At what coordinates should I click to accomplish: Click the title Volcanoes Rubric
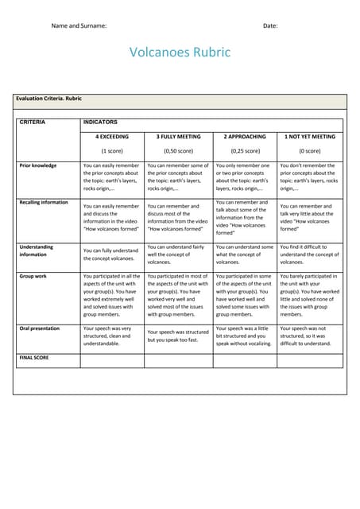(180, 52)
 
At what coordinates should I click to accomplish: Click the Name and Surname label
(79, 25)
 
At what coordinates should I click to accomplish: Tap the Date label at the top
(270, 25)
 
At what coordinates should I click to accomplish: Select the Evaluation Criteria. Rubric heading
(48, 99)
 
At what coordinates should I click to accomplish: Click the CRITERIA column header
(33, 122)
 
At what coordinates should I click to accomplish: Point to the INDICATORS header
(100, 122)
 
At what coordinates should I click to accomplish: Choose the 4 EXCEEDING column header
(111, 137)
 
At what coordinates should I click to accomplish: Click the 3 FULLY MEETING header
(178, 137)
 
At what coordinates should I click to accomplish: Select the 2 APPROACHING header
(245, 137)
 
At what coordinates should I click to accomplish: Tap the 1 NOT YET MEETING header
(310, 137)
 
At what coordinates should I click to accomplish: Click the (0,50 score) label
(178, 150)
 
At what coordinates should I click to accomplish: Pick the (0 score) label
(310, 150)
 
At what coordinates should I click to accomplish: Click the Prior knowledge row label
(37, 165)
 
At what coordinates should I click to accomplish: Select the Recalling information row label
(44, 202)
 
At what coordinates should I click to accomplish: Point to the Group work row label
(33, 276)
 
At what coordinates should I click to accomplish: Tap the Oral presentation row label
(40, 328)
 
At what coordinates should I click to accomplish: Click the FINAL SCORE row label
(33, 358)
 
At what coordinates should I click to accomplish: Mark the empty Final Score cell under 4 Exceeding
(112, 361)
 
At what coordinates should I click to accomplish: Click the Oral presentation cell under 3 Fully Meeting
(178, 336)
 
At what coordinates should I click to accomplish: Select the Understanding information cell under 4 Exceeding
(112, 254)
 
